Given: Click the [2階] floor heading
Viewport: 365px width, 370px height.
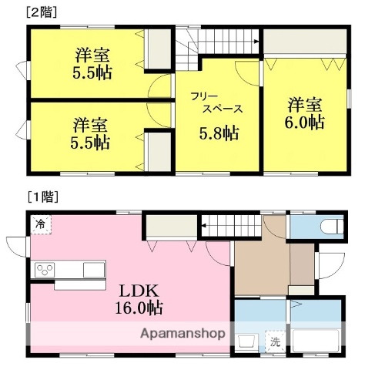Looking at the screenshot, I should [42, 12].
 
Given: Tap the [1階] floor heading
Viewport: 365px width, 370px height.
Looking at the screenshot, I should [42, 197].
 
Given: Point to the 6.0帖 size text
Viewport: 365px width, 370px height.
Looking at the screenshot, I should [306, 122].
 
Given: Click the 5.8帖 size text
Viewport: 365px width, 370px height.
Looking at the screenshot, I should [220, 133].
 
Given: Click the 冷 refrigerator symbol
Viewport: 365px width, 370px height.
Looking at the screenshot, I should [39, 224].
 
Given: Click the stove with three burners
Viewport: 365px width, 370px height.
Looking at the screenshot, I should [45, 270].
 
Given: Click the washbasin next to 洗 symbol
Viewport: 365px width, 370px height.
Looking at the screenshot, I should [249, 341].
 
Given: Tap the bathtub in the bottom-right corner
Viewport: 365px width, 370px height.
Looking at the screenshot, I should [316, 341].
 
